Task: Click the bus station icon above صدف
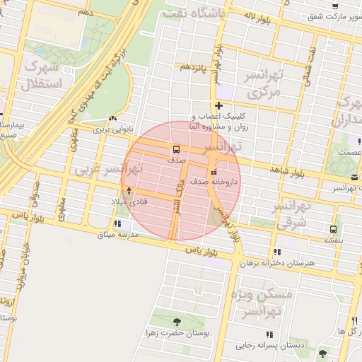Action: point(175,150)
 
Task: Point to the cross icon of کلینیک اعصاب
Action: point(218,105)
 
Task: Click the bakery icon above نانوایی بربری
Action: point(113,118)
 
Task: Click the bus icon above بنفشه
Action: point(332,229)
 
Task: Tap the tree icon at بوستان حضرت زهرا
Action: point(176,322)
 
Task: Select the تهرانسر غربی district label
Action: point(106,170)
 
